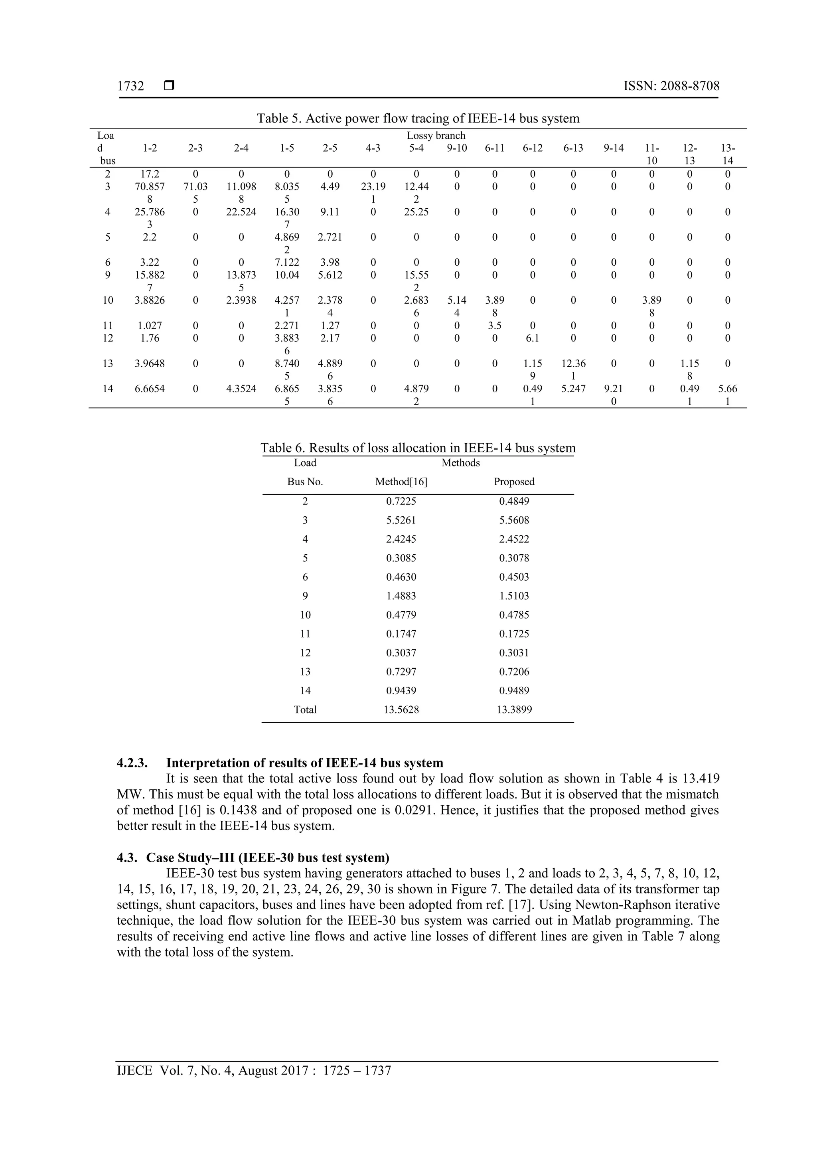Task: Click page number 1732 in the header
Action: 130,86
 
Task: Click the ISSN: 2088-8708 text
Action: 671,86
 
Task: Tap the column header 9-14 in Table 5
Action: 613,148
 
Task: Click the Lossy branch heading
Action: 436,135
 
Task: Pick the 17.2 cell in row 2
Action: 150,174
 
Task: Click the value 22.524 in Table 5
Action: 241,212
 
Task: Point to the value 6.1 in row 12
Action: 533,338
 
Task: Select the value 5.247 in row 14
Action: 573,389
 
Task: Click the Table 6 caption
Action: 418,448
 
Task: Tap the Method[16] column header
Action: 401,482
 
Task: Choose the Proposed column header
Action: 514,482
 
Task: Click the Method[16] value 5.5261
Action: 401,520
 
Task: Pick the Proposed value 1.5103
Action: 514,596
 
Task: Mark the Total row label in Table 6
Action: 305,710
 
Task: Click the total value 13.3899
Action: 514,710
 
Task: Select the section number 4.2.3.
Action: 132,763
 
